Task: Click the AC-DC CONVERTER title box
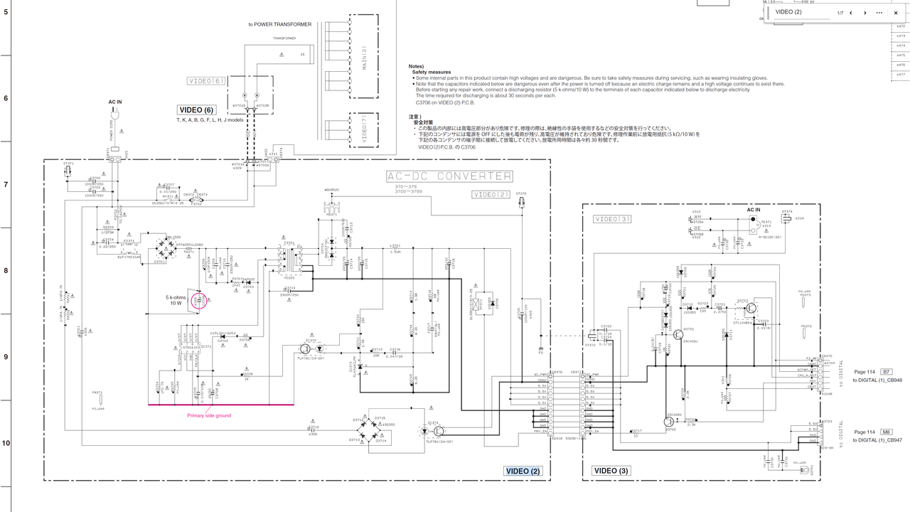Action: click(449, 176)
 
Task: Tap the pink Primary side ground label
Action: click(209, 415)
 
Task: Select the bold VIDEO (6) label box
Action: click(196, 110)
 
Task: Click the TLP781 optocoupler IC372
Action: click(311, 349)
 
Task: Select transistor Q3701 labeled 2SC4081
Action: click(678, 334)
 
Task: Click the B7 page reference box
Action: click(886, 372)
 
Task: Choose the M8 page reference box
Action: click(886, 432)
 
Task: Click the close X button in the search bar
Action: click(896, 13)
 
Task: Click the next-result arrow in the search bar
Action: click(864, 13)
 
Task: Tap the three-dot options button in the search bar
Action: click(879, 13)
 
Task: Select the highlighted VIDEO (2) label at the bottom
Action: click(523, 471)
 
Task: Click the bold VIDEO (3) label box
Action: click(611, 471)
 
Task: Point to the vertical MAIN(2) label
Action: click(363, 60)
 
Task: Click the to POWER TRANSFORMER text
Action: click(279, 24)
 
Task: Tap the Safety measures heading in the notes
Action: click(431, 72)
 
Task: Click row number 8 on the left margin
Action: click(6, 271)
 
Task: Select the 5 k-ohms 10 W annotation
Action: click(176, 299)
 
